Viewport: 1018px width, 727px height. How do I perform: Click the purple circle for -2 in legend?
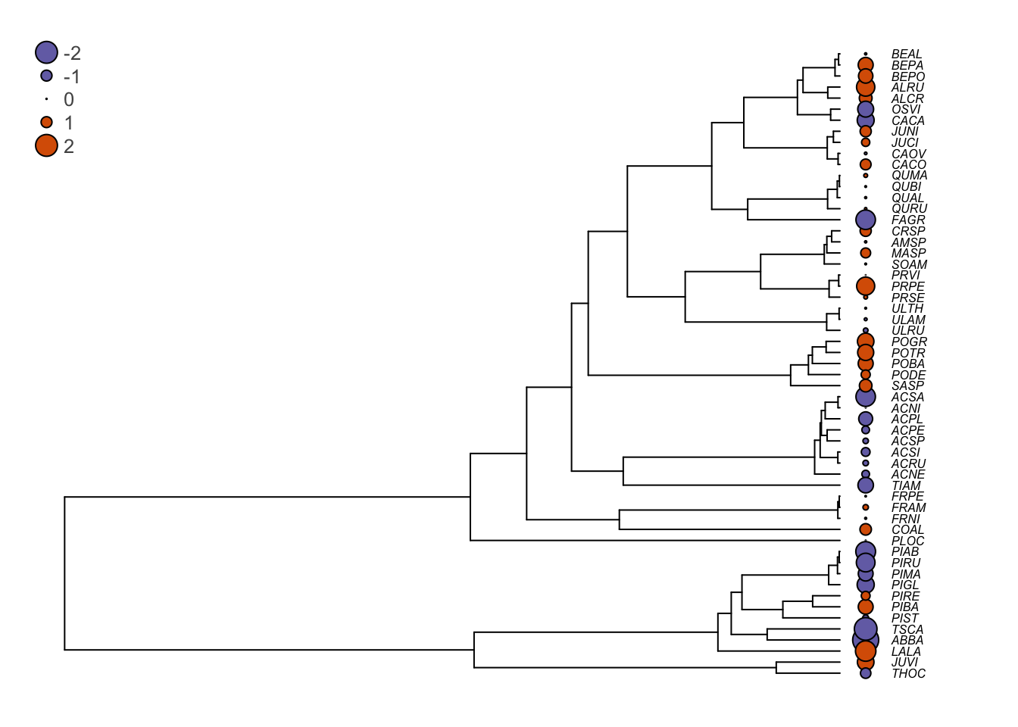point(46,52)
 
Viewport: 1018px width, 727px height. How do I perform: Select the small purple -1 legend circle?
point(46,76)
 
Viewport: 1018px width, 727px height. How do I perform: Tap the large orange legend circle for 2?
point(46,145)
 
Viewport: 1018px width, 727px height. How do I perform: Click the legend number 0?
point(69,99)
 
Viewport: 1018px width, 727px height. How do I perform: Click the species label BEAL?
point(907,55)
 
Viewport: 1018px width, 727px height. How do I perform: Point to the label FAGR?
point(908,220)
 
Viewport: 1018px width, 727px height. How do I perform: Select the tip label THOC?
point(908,673)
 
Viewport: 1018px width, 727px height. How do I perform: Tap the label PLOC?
point(907,541)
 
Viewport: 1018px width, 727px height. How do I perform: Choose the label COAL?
point(907,529)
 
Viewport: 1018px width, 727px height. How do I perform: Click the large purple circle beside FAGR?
point(866,220)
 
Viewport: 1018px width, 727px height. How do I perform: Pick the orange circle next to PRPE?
point(866,285)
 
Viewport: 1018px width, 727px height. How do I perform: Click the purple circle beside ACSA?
point(866,396)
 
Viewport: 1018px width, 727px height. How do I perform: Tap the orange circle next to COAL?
point(866,529)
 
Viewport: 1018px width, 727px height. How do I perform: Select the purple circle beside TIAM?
point(866,485)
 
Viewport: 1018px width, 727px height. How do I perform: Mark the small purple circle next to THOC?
point(866,673)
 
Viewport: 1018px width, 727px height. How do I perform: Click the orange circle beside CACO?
point(866,164)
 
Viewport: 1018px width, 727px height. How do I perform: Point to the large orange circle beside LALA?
point(866,651)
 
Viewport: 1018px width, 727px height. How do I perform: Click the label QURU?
point(909,208)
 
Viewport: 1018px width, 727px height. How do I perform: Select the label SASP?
point(907,385)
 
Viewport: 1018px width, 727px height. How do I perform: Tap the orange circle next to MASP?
point(866,253)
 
